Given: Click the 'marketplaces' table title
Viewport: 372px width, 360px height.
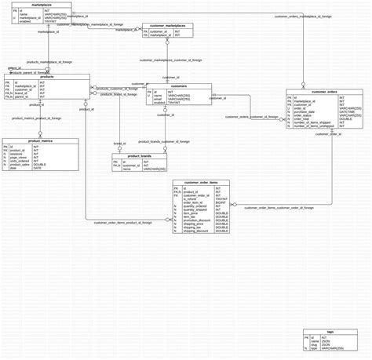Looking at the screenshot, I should [x=42, y=5].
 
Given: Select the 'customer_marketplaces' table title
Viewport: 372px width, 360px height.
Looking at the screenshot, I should [x=167, y=25].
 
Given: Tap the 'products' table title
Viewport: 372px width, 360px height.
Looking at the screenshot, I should [x=46, y=77].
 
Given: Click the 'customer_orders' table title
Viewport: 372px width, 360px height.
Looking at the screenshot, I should [x=324, y=92].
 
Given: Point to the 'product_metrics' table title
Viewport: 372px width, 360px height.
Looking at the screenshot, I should [x=29, y=140].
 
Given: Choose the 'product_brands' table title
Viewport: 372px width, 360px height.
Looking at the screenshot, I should [x=139, y=156].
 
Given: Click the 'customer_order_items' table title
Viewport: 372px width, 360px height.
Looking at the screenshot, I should [x=201, y=183].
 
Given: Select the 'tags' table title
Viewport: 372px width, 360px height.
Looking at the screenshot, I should [x=330, y=332].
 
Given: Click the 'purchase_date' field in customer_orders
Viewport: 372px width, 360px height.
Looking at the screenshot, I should [x=306, y=111].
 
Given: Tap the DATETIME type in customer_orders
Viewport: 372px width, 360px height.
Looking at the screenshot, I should [x=349, y=111].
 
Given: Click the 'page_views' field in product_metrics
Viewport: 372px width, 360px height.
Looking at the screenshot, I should [x=21, y=158].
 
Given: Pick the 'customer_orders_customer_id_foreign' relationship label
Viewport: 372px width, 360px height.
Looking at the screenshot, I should [x=252, y=117].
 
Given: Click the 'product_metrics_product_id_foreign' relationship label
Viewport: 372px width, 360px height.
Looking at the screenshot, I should [x=36, y=118].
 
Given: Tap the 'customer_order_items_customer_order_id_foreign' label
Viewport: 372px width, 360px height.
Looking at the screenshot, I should [x=279, y=208].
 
